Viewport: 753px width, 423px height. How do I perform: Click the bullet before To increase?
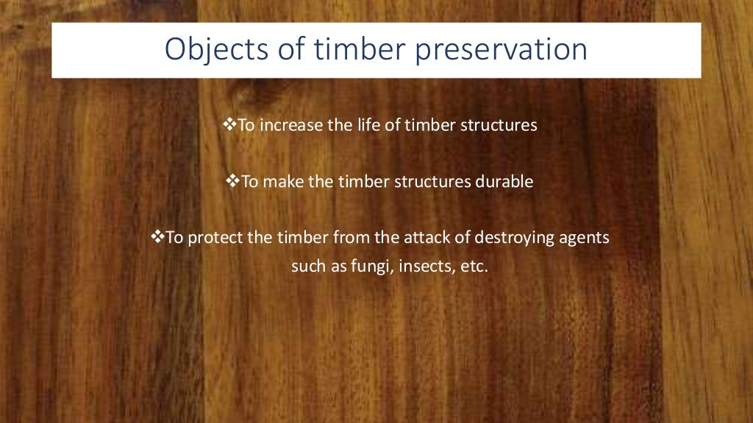point(227,125)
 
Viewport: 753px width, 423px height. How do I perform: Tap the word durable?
point(503,182)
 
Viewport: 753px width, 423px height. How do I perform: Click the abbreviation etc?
point(474,266)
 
